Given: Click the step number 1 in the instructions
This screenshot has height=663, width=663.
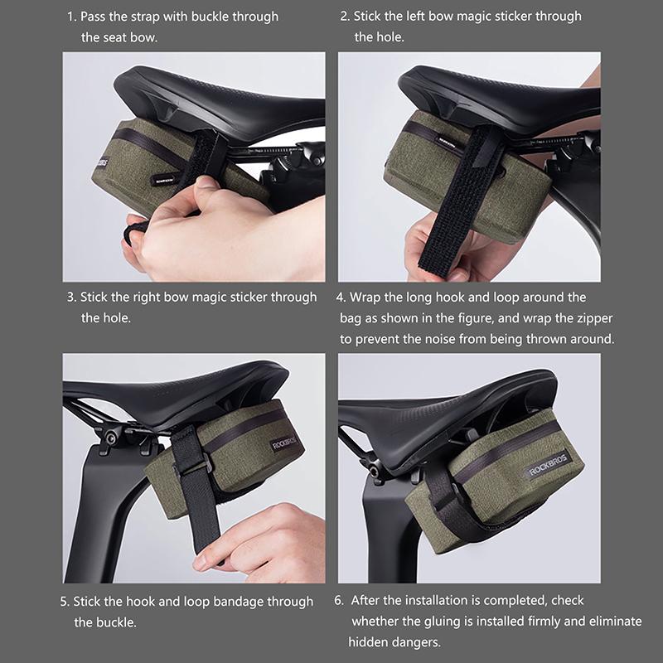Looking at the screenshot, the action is (x=71, y=17).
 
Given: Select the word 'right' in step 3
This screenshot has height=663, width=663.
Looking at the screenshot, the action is (x=147, y=298).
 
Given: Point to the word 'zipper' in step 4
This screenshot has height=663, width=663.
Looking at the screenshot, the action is (x=594, y=318).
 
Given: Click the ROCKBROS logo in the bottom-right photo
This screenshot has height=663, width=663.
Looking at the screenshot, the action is (x=548, y=465).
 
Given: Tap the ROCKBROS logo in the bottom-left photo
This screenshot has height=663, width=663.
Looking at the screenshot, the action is (x=283, y=444).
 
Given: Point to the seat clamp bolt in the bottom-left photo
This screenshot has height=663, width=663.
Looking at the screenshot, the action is (x=111, y=438).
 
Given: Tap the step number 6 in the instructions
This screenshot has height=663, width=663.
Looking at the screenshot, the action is (x=339, y=600).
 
